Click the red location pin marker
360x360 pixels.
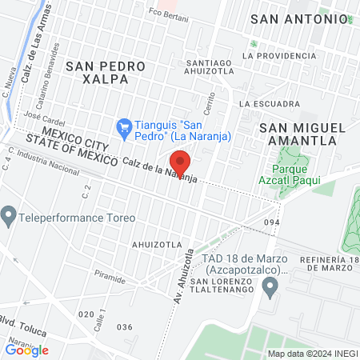pos(181,163)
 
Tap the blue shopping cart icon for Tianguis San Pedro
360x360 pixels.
pos(124,126)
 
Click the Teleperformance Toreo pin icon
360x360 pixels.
pos(9,216)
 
